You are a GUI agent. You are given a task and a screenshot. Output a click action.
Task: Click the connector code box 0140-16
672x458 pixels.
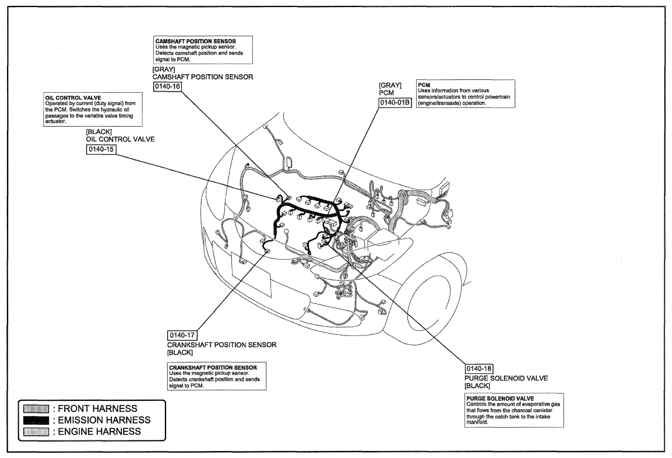tap(167, 86)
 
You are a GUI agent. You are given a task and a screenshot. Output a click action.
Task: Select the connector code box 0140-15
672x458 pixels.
tap(101, 149)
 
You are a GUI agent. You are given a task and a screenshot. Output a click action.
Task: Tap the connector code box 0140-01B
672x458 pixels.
tap(395, 103)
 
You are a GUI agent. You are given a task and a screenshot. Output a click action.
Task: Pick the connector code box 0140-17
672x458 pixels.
tap(182, 335)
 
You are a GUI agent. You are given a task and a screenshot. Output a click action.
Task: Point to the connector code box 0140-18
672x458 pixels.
tap(479, 369)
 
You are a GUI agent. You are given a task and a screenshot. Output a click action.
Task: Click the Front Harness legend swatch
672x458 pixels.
tap(36, 408)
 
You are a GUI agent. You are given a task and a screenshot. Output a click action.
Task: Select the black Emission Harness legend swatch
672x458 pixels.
tap(36, 420)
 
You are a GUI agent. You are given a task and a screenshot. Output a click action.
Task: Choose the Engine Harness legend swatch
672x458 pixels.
tap(36, 431)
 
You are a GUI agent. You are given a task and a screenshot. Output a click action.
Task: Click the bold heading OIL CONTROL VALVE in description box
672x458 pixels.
tap(73, 98)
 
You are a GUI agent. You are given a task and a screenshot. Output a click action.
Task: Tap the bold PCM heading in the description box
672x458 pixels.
tap(424, 85)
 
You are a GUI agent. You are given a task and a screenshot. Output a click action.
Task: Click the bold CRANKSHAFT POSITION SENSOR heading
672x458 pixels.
tap(213, 368)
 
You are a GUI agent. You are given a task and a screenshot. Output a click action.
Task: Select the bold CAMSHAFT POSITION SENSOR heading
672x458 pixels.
tap(195, 41)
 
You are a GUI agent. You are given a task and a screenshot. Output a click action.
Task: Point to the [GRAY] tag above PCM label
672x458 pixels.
tap(390, 85)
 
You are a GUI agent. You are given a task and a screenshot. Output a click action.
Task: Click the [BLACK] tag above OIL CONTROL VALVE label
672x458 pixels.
tap(99, 132)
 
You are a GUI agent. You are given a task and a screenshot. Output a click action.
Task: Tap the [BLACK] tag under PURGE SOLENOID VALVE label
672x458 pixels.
tap(477, 386)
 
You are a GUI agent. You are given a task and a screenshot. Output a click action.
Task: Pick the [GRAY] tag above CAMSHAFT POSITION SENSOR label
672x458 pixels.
tap(164, 69)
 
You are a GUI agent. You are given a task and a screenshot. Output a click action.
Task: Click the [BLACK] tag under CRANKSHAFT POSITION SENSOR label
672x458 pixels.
tap(180, 352)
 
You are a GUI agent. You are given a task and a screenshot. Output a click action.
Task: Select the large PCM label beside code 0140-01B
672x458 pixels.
tap(386, 93)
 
